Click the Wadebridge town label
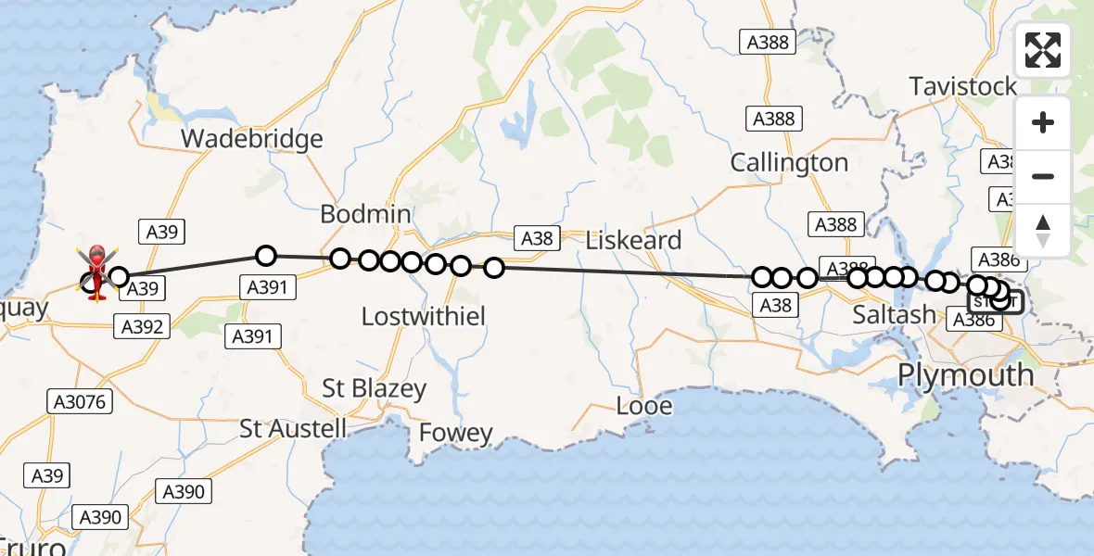pyautogui.click(x=251, y=139)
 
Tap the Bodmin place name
pyautogui.click(x=365, y=214)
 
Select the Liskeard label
pyautogui.click(x=633, y=240)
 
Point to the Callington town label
pyautogui.click(x=789, y=162)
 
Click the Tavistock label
pyautogui.click(x=963, y=86)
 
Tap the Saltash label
pyautogui.click(x=895, y=315)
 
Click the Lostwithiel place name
pyautogui.click(x=423, y=317)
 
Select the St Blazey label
pyautogui.click(x=374, y=388)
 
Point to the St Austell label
pyautogui.click(x=293, y=428)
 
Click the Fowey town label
pyautogui.click(x=455, y=433)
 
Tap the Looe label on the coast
pyautogui.click(x=644, y=405)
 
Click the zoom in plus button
pyautogui.click(x=1043, y=122)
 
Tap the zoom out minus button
pyautogui.click(x=1043, y=176)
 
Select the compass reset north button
pyautogui.click(x=1043, y=230)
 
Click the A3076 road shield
pyautogui.click(x=81, y=401)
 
